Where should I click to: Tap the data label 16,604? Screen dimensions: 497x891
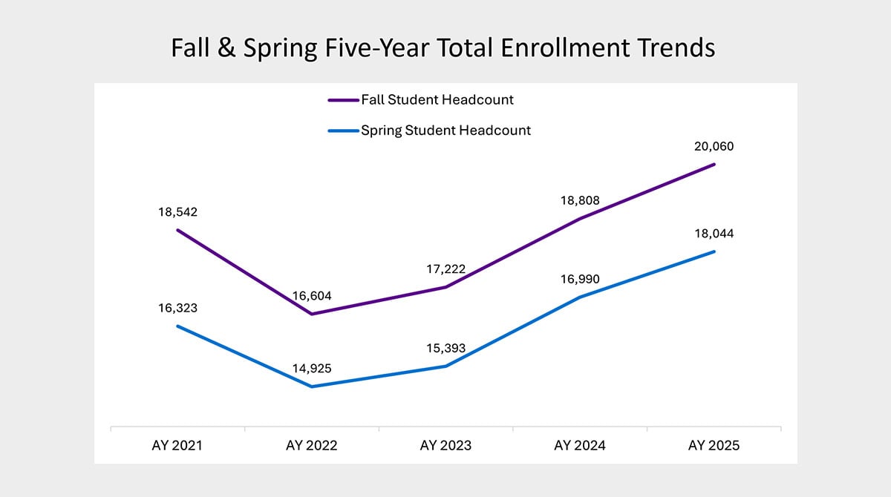[x=311, y=296]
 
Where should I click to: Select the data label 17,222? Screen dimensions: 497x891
[x=445, y=269]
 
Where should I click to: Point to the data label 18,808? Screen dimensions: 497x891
[x=579, y=200]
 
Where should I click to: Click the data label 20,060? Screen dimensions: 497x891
[x=713, y=146]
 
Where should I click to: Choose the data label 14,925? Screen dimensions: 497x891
[x=311, y=368]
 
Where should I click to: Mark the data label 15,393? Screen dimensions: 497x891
[x=445, y=348]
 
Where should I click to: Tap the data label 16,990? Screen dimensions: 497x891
[x=579, y=279]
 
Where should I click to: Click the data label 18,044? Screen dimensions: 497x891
[x=713, y=233]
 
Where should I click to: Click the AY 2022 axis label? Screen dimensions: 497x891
[x=311, y=446]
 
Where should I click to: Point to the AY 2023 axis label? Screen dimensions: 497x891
[x=445, y=446]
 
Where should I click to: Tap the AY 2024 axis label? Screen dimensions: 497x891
[x=579, y=446]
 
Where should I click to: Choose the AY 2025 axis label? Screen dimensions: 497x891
[x=714, y=446]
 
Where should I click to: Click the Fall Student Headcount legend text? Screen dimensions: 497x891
[x=437, y=99]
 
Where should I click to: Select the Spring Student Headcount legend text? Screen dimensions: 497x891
[x=446, y=131]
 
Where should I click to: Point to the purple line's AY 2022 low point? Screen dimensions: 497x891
[x=311, y=315]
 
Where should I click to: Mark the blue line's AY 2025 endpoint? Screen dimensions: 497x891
[x=714, y=251]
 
